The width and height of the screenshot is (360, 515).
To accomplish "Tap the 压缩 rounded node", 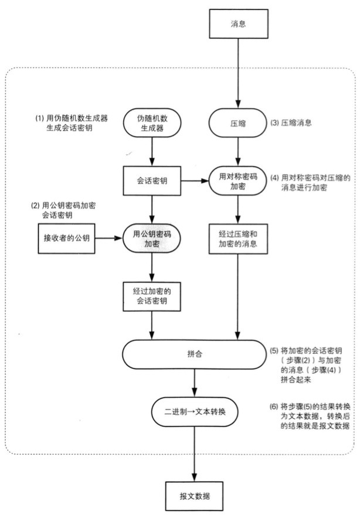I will (x=237, y=124).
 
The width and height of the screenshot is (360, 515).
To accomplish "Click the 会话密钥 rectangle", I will (x=152, y=180).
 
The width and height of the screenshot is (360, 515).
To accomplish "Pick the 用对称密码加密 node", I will (x=237, y=180).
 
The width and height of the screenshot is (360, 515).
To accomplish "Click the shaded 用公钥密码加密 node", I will (x=152, y=238).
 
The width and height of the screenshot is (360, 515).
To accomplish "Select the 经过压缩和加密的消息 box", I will (x=237, y=238).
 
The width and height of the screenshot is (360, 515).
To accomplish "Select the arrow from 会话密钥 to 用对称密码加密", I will (x=196, y=180).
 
